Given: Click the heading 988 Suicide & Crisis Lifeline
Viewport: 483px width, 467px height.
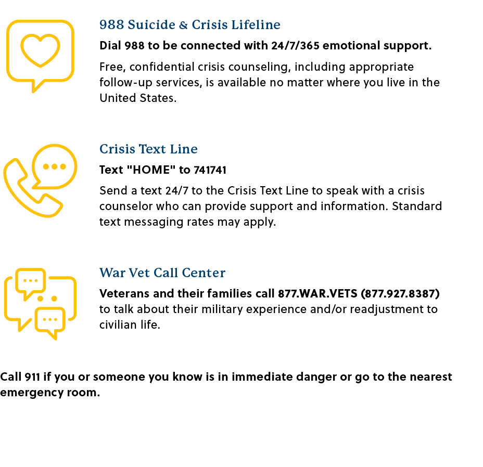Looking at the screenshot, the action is (190, 24).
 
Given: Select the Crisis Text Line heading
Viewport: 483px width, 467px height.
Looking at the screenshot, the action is (148, 149).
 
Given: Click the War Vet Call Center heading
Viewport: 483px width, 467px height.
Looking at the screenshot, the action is (162, 273).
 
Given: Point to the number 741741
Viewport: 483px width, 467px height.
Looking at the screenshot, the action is (210, 170).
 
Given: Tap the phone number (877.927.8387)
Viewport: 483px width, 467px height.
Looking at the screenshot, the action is (400, 294).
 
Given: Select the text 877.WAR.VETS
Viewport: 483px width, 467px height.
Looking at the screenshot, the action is (317, 294).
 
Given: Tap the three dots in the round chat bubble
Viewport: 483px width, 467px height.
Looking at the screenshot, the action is (55, 166).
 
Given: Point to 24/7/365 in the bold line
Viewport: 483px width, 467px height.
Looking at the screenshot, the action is (295, 46).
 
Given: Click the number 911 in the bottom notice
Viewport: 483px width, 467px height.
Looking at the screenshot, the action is (32, 377).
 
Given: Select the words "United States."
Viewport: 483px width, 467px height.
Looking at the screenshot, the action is (138, 98).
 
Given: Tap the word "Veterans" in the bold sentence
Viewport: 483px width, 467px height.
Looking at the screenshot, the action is (124, 294).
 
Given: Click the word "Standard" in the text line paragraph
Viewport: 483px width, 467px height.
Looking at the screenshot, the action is (417, 206).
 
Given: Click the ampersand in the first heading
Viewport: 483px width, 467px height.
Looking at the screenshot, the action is (183, 25).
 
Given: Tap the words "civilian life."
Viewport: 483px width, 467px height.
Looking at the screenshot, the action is (130, 325).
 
